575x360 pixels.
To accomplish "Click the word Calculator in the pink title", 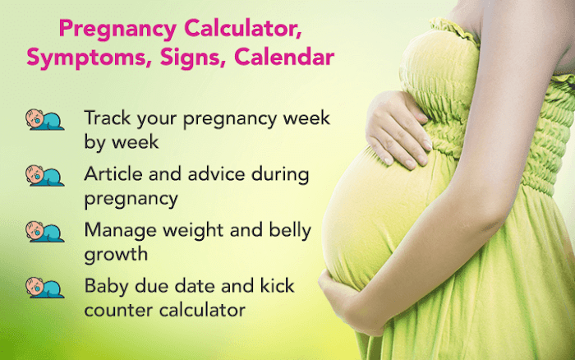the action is tap(243, 28).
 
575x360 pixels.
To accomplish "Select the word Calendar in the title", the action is tap(284, 57).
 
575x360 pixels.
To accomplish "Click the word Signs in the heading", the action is tap(192, 58).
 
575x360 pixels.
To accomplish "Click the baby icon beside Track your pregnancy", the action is tap(44, 120).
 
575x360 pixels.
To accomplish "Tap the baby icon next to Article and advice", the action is tap(44, 175).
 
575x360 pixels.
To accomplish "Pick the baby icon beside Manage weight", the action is tap(44, 232).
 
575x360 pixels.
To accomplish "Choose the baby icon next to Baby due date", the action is tap(44, 288).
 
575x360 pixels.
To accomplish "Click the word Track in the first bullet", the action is tap(108, 118).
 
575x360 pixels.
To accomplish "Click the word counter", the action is tap(118, 311).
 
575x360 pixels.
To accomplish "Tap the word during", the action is tap(280, 175).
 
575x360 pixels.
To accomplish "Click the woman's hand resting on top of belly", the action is tap(398, 131).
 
